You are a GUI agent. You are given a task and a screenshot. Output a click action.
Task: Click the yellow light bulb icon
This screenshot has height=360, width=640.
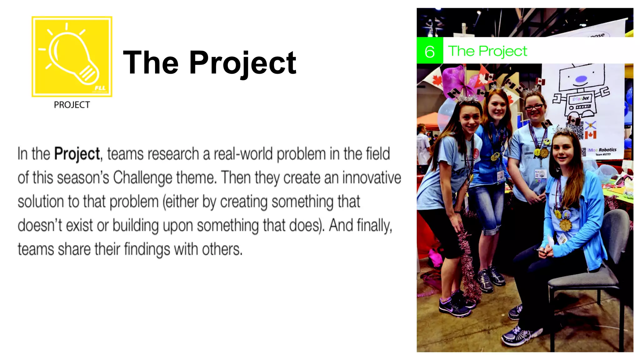[72, 57]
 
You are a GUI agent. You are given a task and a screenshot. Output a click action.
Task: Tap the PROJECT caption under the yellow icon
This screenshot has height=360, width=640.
[72, 105]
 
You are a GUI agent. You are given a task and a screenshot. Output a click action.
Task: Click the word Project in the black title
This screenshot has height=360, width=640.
[242, 63]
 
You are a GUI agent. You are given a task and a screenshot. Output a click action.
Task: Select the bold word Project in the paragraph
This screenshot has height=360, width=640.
[77, 154]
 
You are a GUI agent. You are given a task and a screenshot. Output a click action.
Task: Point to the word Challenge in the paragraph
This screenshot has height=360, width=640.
[142, 178]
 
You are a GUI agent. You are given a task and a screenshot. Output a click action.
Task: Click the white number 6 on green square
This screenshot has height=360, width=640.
[430, 51]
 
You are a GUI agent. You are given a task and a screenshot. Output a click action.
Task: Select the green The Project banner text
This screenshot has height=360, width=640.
[487, 51]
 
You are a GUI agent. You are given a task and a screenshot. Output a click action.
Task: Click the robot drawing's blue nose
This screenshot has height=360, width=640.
[581, 79]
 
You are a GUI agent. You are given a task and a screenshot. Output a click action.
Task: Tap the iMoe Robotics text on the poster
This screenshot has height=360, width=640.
[602, 150]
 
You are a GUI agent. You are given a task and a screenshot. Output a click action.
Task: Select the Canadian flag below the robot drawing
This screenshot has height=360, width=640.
[590, 135]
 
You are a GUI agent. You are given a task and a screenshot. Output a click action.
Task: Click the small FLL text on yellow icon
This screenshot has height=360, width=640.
[100, 88]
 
